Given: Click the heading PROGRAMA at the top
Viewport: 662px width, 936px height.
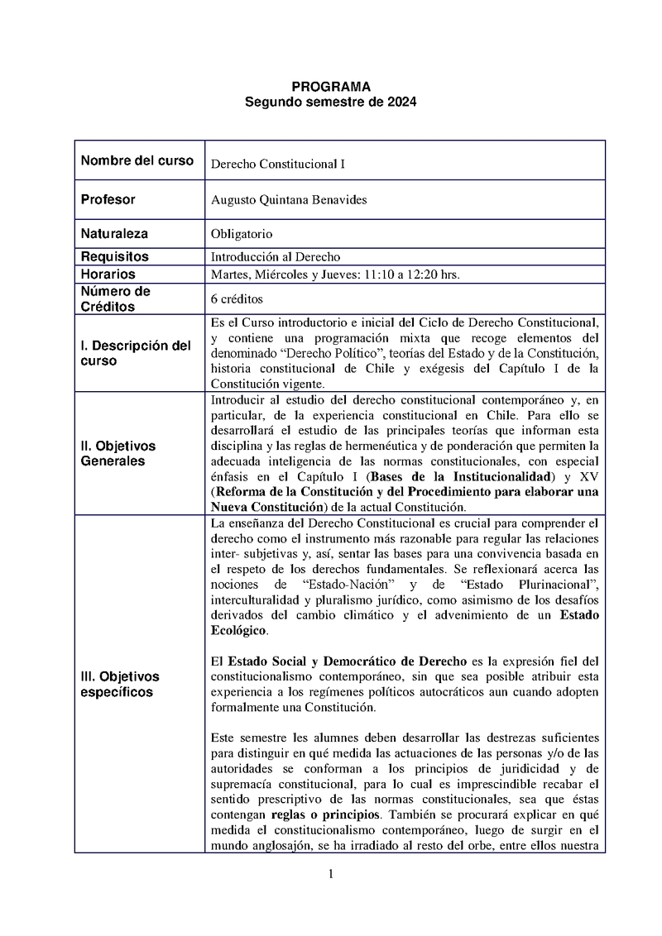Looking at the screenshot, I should [x=331, y=86].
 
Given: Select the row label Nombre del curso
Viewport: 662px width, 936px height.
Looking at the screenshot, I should [x=137, y=160].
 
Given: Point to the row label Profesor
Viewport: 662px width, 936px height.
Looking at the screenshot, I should [x=108, y=199].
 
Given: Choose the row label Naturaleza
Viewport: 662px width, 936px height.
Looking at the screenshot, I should [x=115, y=234].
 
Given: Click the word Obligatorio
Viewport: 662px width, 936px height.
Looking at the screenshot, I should [x=242, y=235].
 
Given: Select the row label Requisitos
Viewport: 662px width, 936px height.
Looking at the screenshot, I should [x=115, y=257].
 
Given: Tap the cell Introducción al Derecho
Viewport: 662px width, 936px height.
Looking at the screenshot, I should [x=276, y=257].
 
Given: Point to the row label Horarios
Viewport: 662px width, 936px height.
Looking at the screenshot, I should [x=108, y=274].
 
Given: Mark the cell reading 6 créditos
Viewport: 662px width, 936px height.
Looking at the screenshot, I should [x=237, y=298].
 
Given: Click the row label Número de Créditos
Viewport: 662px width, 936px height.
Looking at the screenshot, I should [x=115, y=298].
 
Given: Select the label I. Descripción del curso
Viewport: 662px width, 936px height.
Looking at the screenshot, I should [x=136, y=353].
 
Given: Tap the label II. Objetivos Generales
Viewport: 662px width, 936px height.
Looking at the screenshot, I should [x=118, y=453].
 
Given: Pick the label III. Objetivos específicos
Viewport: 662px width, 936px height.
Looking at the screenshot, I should [x=120, y=684].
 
